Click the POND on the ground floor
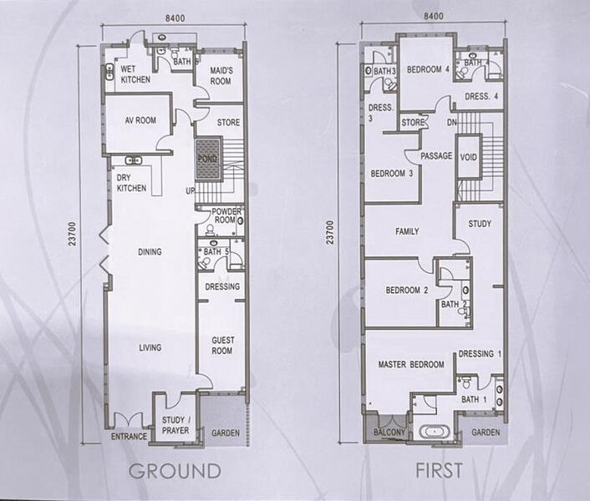208,159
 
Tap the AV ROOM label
140,120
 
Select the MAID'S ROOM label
221,75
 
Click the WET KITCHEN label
135,74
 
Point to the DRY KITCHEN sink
133,160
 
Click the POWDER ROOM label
226,215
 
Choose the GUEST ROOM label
222,346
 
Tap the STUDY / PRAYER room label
175,425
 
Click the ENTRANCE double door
129,419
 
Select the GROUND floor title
175,471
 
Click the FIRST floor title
439,470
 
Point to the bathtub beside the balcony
435,432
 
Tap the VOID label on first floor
469,157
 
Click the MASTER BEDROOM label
411,364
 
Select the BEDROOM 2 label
407,290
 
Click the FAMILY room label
407,231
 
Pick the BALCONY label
389,433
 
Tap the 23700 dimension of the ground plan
72,234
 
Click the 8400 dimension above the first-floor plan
434,16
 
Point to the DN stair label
451,123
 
